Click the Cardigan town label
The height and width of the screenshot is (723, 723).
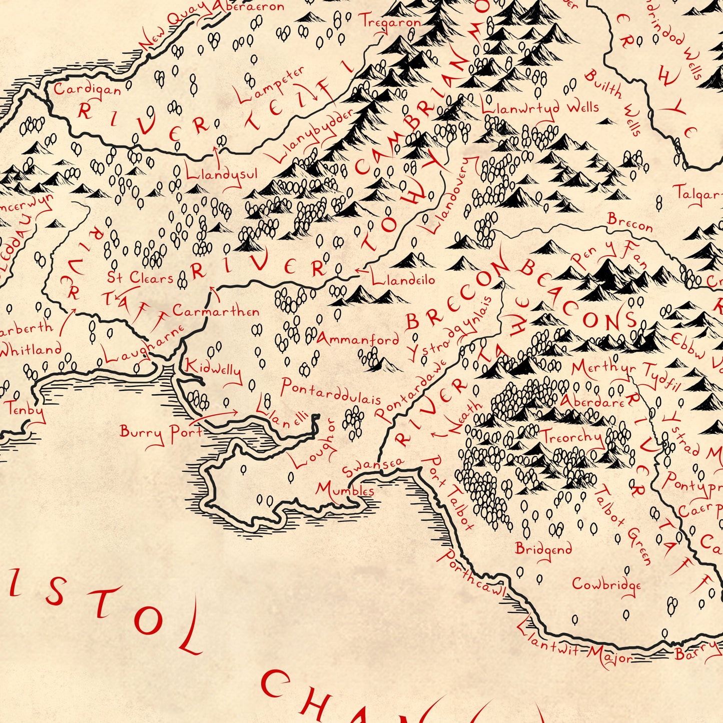point(87,90)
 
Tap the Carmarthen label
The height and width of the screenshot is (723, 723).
point(216,311)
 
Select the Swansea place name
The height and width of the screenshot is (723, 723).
point(372,467)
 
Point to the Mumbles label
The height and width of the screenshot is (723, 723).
point(345,489)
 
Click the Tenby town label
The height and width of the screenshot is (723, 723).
point(26,409)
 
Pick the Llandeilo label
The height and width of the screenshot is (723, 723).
point(403,280)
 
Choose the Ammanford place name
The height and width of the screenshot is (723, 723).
point(358,340)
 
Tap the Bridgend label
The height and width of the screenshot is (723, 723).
point(543,549)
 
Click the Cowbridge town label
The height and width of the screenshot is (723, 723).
point(606,584)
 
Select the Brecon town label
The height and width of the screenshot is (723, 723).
point(630,222)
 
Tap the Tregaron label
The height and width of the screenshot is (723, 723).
point(390,23)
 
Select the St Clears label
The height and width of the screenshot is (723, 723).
point(140,278)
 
